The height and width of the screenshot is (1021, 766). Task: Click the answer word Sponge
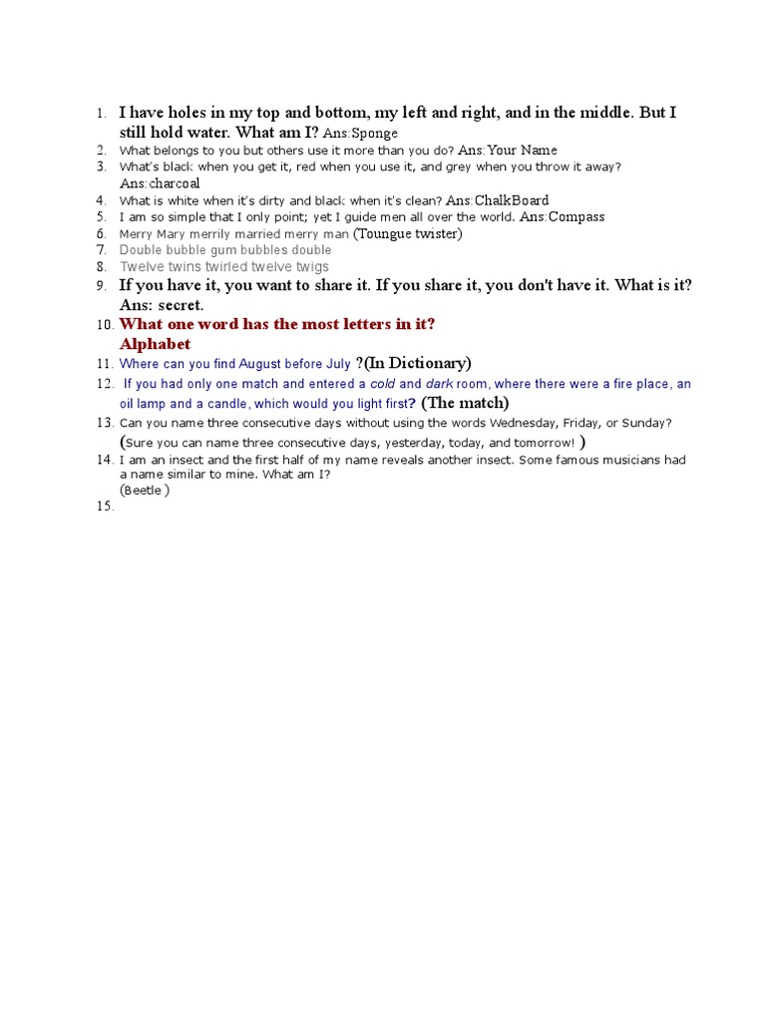tap(375, 134)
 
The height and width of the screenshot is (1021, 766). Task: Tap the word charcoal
tap(175, 183)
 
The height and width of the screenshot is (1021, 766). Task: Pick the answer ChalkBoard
tap(512, 200)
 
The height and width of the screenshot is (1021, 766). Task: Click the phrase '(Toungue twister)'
tap(409, 233)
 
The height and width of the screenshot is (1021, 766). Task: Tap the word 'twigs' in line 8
tap(309, 267)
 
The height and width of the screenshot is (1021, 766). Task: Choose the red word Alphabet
tap(155, 344)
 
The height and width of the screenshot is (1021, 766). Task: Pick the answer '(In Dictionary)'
tap(418, 363)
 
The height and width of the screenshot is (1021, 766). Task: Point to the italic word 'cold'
tap(383, 384)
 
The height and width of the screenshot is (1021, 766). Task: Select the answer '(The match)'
tap(465, 403)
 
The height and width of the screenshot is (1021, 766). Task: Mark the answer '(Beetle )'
tap(145, 491)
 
